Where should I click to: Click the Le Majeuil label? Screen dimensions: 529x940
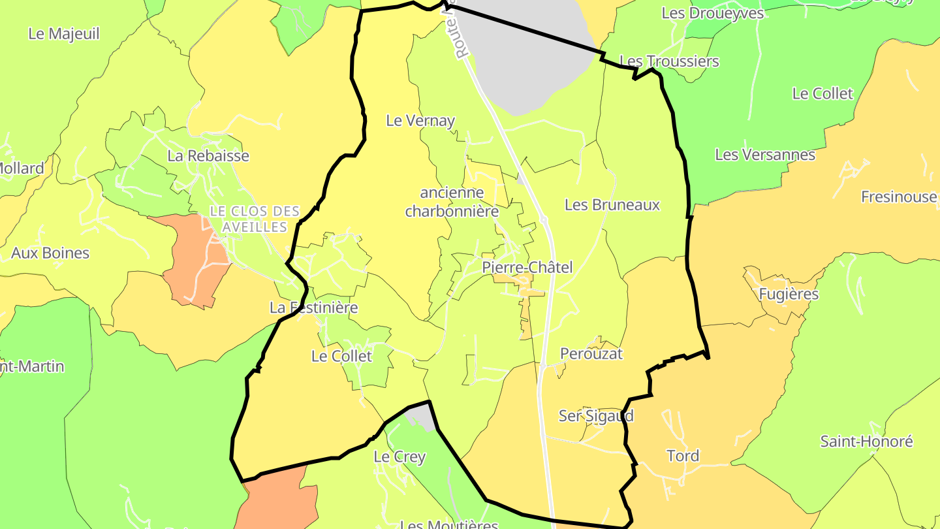click(x=64, y=34)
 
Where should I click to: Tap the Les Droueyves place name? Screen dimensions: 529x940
click(x=712, y=13)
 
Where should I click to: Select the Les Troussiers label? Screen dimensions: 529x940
click(x=669, y=61)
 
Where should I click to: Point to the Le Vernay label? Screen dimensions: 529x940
click(x=420, y=121)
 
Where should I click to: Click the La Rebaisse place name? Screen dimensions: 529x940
click(x=208, y=156)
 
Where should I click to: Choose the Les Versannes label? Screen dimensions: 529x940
click(x=765, y=155)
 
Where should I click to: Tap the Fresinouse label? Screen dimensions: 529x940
click(x=898, y=197)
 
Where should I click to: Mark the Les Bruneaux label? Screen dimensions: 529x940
click(x=612, y=205)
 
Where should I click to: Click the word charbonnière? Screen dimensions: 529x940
click(x=452, y=212)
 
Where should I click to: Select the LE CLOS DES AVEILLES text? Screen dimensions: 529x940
click(x=255, y=219)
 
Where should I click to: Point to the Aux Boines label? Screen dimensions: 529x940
click(x=50, y=253)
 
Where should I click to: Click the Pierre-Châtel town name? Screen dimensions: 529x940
click(x=527, y=267)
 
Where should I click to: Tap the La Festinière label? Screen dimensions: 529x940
click(x=314, y=307)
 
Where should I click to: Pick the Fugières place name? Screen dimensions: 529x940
click(x=789, y=295)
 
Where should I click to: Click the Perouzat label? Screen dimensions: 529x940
click(x=591, y=354)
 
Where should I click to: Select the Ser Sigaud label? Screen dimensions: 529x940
click(x=596, y=416)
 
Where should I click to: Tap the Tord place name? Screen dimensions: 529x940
click(x=683, y=456)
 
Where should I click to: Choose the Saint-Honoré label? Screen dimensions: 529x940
click(x=866, y=441)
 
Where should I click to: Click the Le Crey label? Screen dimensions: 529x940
click(x=399, y=457)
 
